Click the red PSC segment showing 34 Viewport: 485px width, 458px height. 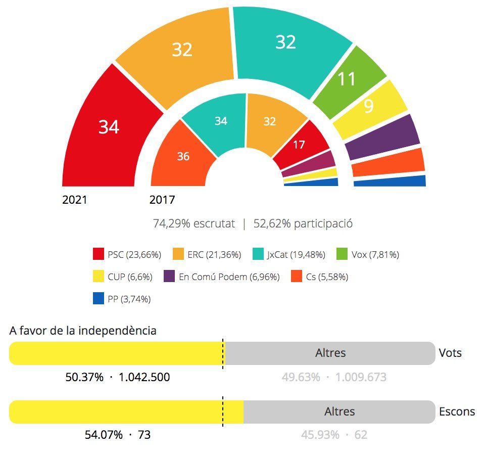tap(109, 127)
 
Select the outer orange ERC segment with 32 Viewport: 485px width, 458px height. tap(182, 50)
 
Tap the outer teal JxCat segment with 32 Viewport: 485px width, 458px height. tap(285, 42)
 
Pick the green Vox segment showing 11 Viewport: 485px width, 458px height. tap(348, 79)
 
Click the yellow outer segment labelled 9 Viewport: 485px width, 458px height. tap(369, 107)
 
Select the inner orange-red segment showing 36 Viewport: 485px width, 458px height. tap(183, 156)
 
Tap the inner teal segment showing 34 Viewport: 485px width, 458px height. tap(221, 121)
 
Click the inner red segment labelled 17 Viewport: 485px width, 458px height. tap(299, 144)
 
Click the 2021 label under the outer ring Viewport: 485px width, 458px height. tap(75, 200)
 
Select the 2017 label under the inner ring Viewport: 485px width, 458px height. tap(162, 200)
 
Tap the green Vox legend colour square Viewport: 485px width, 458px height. tap(343, 254)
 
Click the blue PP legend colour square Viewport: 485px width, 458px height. tap(99, 299)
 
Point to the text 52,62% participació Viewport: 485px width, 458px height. tap(303, 224)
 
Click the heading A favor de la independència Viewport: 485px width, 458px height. tap(83, 331)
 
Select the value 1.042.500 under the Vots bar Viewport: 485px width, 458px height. tap(144, 377)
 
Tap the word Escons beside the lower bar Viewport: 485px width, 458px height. tap(457, 411)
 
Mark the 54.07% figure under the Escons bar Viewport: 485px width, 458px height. tap(103, 435)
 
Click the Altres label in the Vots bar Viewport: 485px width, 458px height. tap(330, 353)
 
